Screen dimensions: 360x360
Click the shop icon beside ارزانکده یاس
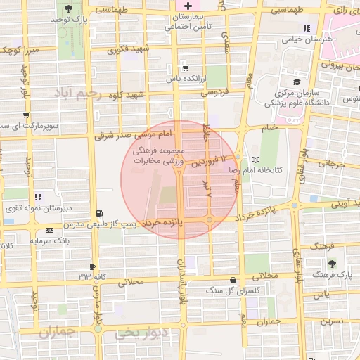(184, 68)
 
